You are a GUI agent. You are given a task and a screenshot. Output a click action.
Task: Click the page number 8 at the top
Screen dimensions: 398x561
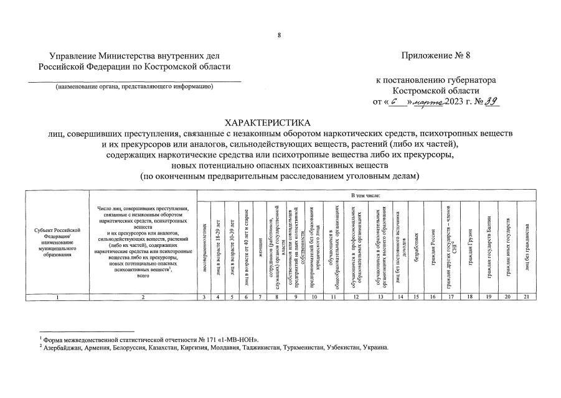pos(280,35)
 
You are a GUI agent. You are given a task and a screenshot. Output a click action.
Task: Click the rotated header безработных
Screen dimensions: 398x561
pos(415,246)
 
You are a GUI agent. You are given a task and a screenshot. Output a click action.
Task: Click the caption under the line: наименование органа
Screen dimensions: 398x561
pos(134,86)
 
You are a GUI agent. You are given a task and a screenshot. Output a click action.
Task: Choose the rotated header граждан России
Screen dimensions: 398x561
pos(432,246)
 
